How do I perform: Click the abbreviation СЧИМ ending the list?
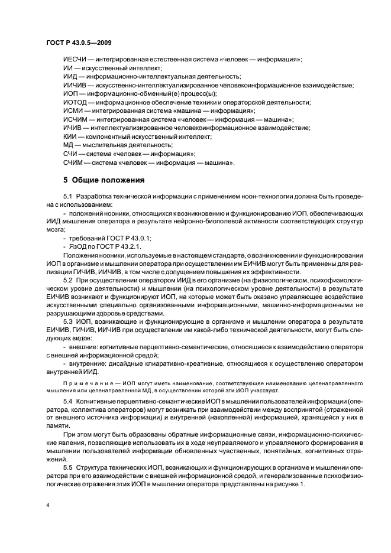click(x=73, y=162)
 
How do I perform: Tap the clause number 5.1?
click(x=67, y=196)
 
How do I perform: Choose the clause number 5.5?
click(x=67, y=468)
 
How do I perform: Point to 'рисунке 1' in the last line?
click(x=291, y=484)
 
